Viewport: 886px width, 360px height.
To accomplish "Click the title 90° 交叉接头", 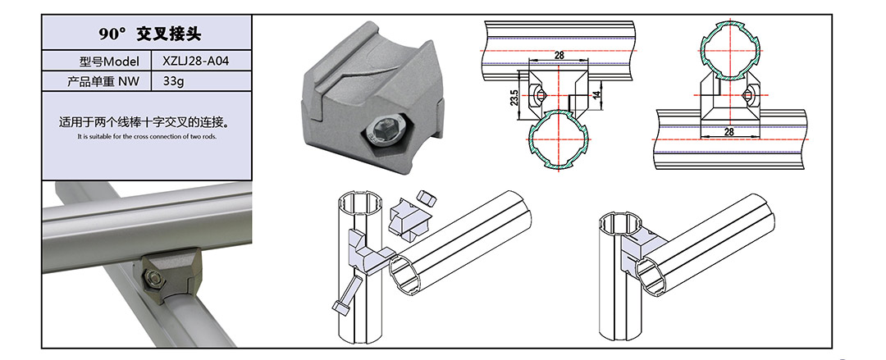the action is pyautogui.click(x=150, y=34).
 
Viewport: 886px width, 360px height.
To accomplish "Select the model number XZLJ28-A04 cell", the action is pyautogui.click(x=195, y=61).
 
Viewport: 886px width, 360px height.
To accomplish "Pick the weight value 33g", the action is pyautogui.click(x=173, y=81).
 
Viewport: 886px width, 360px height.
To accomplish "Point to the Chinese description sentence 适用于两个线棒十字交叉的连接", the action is pyautogui.click(x=146, y=123).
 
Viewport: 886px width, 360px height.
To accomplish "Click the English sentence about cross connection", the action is pyautogui.click(x=146, y=136).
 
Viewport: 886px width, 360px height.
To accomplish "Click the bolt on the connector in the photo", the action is pyautogui.click(x=153, y=277).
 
